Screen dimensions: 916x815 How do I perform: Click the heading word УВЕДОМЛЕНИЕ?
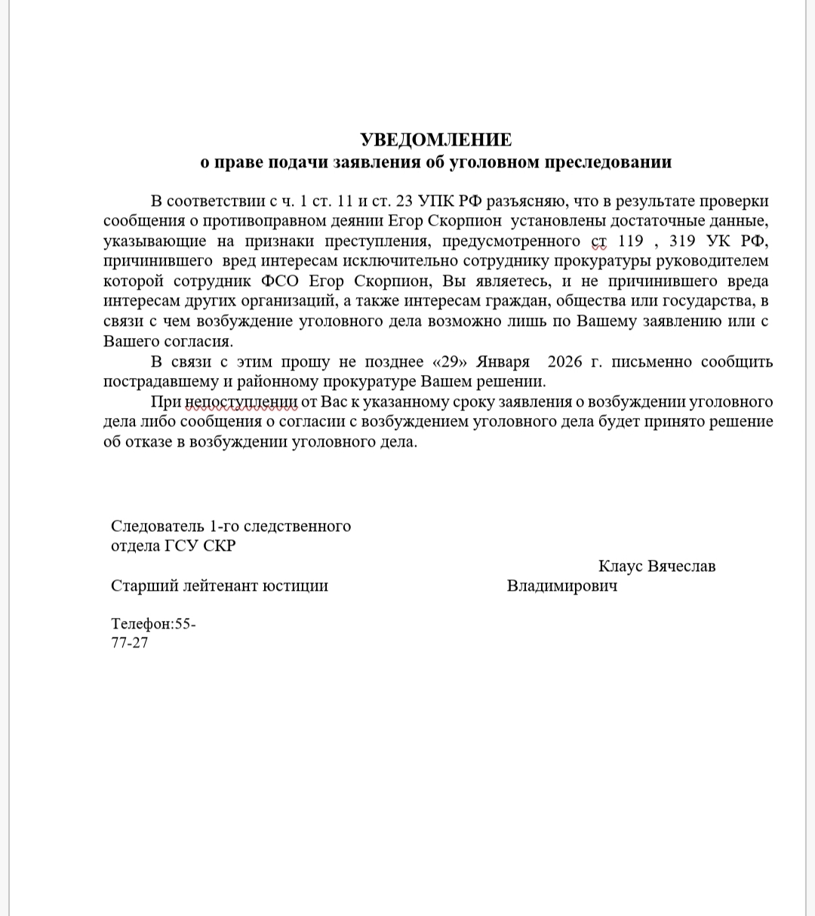[435, 140]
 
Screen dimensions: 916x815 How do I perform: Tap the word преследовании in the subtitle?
[608, 161]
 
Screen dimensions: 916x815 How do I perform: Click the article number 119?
[630, 241]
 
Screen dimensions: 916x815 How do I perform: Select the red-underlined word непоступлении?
[234, 401]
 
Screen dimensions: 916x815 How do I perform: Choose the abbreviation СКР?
[220, 546]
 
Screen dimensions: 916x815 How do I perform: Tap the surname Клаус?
[623, 566]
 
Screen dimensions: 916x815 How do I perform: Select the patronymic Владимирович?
[562, 586]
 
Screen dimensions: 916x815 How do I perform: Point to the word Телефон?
[141, 624]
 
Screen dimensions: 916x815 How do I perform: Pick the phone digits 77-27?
[130, 643]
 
